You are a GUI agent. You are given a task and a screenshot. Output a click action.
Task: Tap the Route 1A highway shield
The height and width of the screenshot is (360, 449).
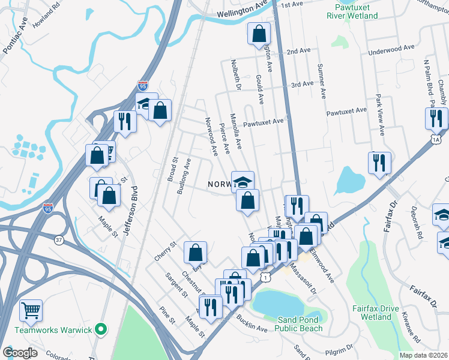point(436,139)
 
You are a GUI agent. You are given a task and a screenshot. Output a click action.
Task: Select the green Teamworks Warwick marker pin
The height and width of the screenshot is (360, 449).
point(101,329)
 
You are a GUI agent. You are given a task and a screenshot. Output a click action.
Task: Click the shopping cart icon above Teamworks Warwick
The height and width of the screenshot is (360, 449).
point(31,310)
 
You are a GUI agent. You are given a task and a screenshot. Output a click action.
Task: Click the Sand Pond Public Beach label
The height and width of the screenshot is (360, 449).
point(300,324)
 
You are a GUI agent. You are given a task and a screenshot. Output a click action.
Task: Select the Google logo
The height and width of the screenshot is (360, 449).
point(20,352)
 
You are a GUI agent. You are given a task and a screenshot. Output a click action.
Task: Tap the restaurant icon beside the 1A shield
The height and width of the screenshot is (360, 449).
point(436,118)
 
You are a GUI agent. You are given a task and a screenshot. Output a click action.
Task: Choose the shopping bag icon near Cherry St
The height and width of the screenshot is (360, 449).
point(196,253)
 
